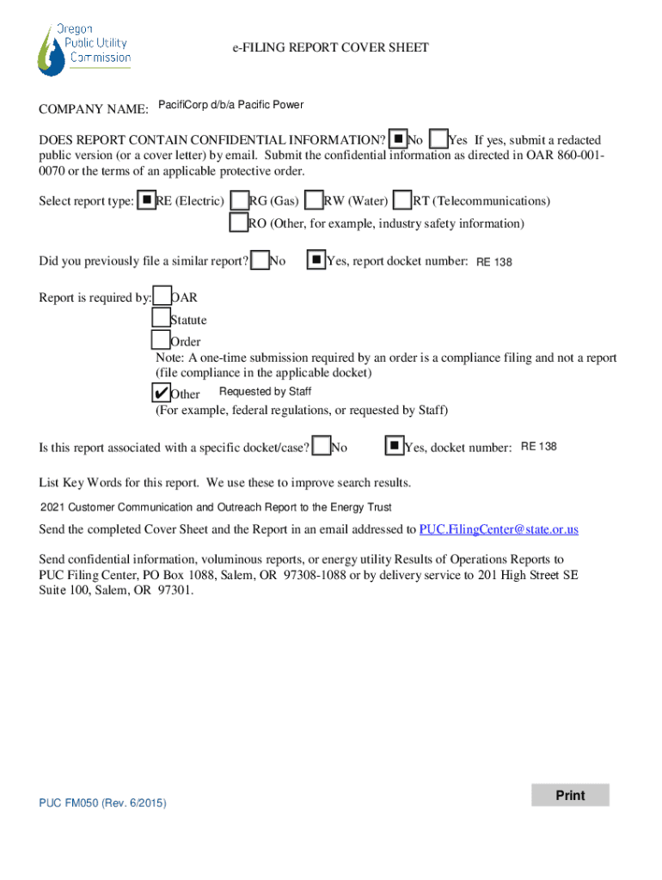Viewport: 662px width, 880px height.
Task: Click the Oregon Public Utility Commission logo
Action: pos(83,50)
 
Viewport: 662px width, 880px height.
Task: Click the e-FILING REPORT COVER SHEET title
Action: pos(330,48)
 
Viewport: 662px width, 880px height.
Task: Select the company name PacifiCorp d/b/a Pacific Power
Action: pos(230,106)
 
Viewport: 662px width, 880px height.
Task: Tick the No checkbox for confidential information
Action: pos(398,138)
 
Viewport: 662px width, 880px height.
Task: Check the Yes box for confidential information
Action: pos(438,138)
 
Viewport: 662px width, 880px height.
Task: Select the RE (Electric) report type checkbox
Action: pos(147,200)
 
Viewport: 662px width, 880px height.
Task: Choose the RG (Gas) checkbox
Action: pos(240,200)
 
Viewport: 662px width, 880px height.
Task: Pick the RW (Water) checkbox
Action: pos(315,200)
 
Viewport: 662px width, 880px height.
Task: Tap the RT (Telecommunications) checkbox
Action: pos(402,200)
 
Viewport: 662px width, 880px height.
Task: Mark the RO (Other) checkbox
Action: pos(239,223)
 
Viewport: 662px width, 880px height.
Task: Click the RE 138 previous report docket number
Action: pos(494,262)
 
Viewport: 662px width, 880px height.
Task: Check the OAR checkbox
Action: pos(162,297)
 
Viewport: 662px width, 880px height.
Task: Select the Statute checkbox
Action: pos(161,319)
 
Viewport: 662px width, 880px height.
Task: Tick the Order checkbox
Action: pos(161,340)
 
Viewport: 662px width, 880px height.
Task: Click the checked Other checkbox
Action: pos(161,393)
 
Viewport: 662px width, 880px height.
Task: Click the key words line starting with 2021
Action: pos(216,507)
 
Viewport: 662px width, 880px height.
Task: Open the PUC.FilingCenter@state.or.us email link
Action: pos(499,529)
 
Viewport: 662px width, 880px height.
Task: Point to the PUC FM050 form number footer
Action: pos(103,803)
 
